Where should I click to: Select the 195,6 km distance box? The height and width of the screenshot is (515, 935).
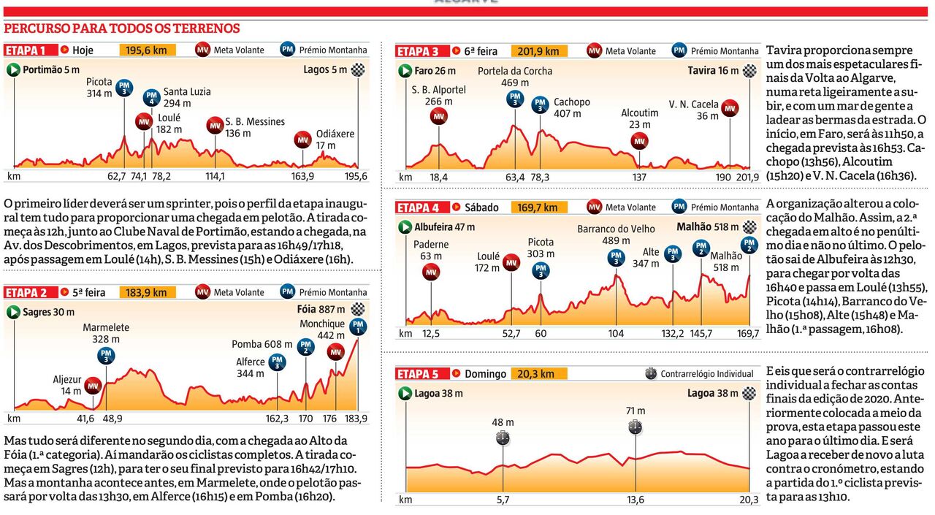pyautogui.click(x=146, y=50)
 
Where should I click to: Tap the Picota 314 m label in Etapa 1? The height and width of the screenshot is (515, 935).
pyautogui.click(x=99, y=88)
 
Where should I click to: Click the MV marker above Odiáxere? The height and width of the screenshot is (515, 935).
pyautogui.click(x=302, y=140)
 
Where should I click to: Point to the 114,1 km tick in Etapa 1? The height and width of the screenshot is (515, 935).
pyautogui.click(x=215, y=176)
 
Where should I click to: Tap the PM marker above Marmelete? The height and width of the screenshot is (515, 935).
pyautogui.click(x=107, y=356)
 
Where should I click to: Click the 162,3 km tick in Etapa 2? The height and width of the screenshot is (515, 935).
pyautogui.click(x=278, y=419)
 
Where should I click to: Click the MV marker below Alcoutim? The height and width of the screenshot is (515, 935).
pyautogui.click(x=640, y=140)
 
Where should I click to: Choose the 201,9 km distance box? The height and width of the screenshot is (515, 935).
pyautogui.click(x=538, y=51)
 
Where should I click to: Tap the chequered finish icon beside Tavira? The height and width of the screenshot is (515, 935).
pyautogui.click(x=749, y=71)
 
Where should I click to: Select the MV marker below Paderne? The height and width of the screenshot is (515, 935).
pyautogui.click(x=431, y=272)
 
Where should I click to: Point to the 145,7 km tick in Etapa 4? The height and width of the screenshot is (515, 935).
pyautogui.click(x=701, y=333)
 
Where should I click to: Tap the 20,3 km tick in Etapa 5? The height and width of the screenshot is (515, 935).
pyautogui.click(x=749, y=500)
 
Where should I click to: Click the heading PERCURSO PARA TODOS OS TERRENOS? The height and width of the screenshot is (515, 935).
pyautogui.click(x=122, y=28)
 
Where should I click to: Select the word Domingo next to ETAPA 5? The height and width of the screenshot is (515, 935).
pyautogui.click(x=485, y=374)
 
